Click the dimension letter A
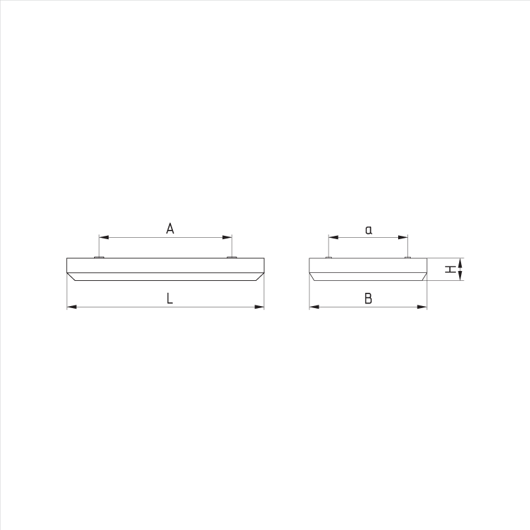pyautogui.click(x=170, y=229)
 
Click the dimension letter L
pyautogui.click(x=170, y=299)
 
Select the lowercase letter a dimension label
pyautogui.click(x=369, y=230)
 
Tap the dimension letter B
pyautogui.click(x=368, y=299)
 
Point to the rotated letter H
pyautogui.click(x=450, y=269)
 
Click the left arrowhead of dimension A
pyautogui.click(x=103, y=237)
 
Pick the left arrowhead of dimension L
pyautogui.click(x=72, y=307)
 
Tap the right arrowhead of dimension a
pyautogui.click(x=403, y=237)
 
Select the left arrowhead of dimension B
pyautogui.click(x=315, y=307)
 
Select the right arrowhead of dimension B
pyautogui.click(x=422, y=307)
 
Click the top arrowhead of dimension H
pyautogui.click(x=459, y=262)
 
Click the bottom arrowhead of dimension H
pyautogui.click(x=459, y=276)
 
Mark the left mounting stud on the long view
pyautogui.click(x=99, y=256)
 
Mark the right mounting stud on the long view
pyautogui.click(x=232, y=256)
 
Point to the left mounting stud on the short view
pyautogui.click(x=329, y=256)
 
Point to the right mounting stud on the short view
pyautogui.click(x=407, y=256)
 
